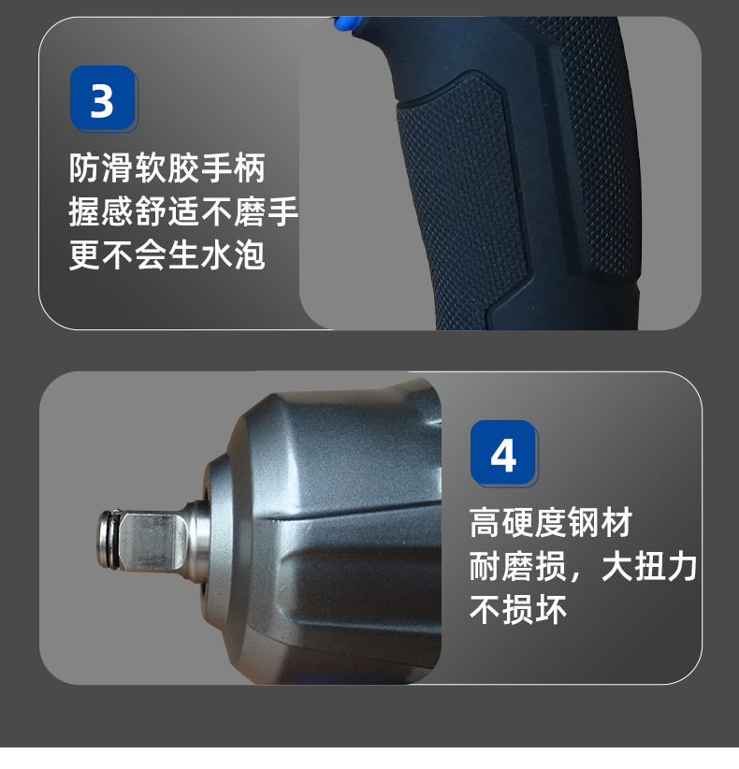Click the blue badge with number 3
tap(102, 97)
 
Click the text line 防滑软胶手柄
tap(167, 169)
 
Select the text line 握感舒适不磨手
tap(183, 212)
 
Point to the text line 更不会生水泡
tap(167, 254)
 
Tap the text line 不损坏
tap(518, 610)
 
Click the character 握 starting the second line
tap(85, 212)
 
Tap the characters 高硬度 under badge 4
tap(518, 523)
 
